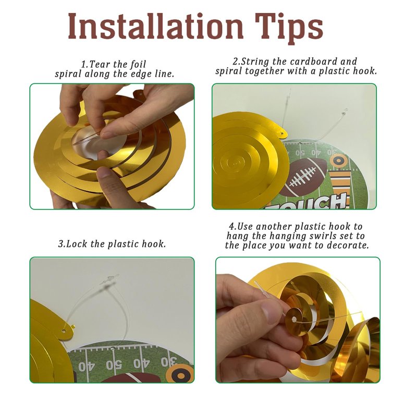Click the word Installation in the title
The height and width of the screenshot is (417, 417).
155,27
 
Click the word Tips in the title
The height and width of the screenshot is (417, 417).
289,29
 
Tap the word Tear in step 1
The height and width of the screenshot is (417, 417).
100,64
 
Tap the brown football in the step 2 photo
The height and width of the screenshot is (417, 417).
304,177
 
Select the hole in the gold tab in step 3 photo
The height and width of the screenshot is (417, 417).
64,331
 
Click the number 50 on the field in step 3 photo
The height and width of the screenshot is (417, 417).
114,365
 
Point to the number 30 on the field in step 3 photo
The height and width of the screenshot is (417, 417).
169,362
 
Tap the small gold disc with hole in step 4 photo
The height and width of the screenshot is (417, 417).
295,319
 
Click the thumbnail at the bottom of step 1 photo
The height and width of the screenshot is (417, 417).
106,173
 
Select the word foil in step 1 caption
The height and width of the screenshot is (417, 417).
138,64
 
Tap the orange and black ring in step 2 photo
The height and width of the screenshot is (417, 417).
338,161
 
